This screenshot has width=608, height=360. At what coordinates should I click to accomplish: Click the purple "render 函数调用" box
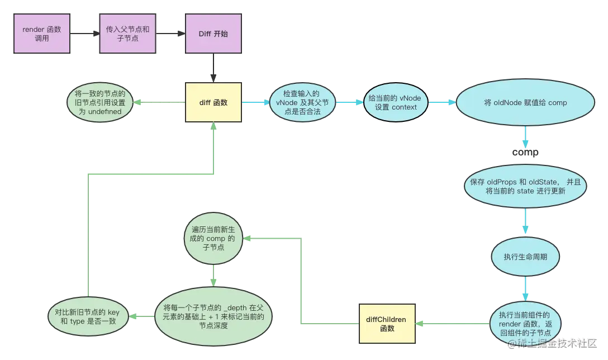pos(42,34)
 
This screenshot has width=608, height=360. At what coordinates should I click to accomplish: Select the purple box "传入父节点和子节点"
pos(127,34)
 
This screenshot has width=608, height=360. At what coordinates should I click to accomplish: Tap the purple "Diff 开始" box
pos(213,34)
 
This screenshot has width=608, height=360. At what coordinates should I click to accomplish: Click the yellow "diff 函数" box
pos(213,102)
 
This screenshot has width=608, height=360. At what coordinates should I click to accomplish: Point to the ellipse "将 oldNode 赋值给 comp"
pos(526,103)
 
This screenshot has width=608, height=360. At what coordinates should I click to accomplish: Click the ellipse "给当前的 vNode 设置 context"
pos(396,103)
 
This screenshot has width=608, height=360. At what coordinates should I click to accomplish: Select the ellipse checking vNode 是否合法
pos(302,103)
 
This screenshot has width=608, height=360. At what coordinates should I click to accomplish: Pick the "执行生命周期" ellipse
pos(526,257)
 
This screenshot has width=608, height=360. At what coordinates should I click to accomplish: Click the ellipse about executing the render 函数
pos(526,324)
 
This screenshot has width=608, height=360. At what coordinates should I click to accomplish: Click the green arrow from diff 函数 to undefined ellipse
pos(159,103)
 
